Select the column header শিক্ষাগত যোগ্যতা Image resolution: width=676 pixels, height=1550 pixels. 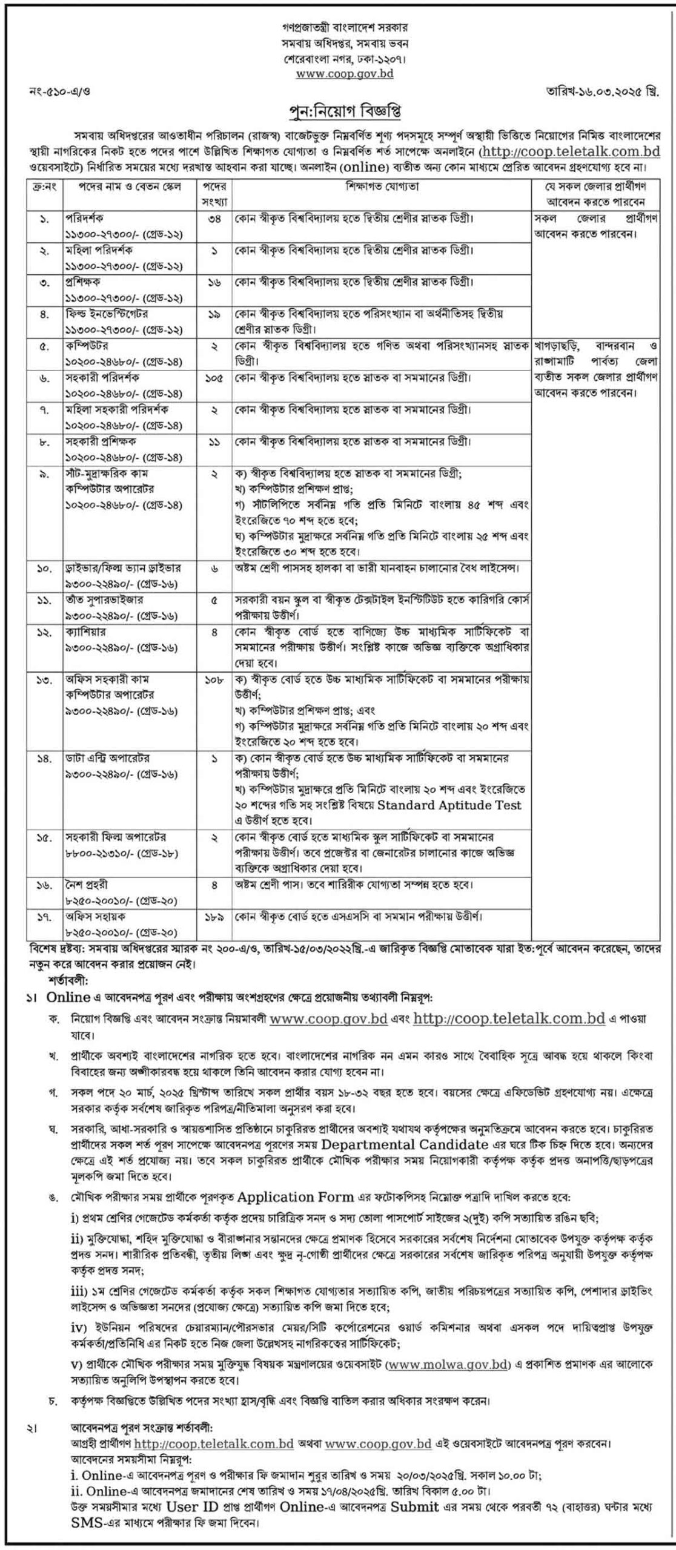pos(382,186)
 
